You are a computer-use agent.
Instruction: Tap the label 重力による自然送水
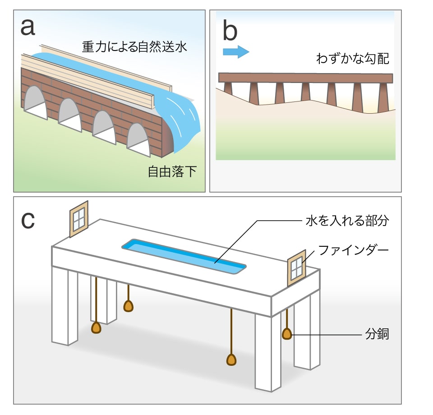click(x=134, y=46)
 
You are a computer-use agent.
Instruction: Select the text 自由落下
click(x=172, y=171)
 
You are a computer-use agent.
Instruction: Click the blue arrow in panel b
click(x=236, y=51)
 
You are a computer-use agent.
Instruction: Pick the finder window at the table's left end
click(x=79, y=218)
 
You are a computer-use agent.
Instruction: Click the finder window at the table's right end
click(x=296, y=268)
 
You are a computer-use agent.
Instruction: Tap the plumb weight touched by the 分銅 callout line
click(x=287, y=334)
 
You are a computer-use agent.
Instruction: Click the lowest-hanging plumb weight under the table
click(x=231, y=359)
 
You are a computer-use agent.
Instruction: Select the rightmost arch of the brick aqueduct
click(x=138, y=140)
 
